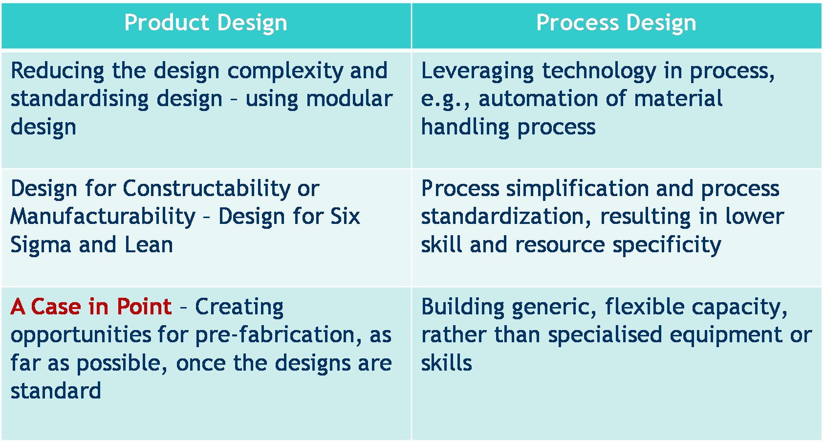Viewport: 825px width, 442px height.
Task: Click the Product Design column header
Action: click(x=205, y=23)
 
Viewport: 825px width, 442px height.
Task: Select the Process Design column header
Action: click(x=616, y=23)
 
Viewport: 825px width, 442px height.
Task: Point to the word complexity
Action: click(x=285, y=71)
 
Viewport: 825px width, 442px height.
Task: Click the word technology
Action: click(x=599, y=71)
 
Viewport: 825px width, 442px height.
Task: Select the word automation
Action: click(x=538, y=99)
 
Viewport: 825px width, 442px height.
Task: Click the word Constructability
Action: click(x=207, y=189)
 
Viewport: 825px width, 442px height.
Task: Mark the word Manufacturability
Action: click(x=103, y=217)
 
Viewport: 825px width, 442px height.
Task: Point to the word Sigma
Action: click(x=41, y=245)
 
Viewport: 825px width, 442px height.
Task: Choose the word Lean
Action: click(x=149, y=244)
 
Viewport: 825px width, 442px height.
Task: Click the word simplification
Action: click(x=577, y=189)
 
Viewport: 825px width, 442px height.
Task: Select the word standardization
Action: click(x=506, y=217)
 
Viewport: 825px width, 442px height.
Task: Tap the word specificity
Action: click(x=667, y=245)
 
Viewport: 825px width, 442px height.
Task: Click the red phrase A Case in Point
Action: click(x=91, y=307)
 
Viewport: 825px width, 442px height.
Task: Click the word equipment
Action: click(x=725, y=335)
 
